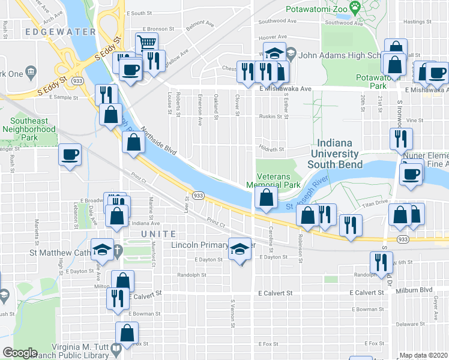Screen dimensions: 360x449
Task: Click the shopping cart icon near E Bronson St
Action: click(146, 43)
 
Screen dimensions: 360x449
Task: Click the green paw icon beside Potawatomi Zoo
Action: click(355, 8)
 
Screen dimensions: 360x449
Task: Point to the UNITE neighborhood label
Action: click(158, 234)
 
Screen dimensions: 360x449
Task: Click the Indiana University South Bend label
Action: click(336, 154)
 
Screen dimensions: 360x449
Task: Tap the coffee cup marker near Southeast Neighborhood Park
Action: click(70, 155)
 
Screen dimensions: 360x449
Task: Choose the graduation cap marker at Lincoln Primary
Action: click(239, 248)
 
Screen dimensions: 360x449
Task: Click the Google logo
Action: click(20, 353)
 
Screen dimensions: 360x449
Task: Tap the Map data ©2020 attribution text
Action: click(423, 355)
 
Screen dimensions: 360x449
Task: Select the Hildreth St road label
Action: click(271, 149)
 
